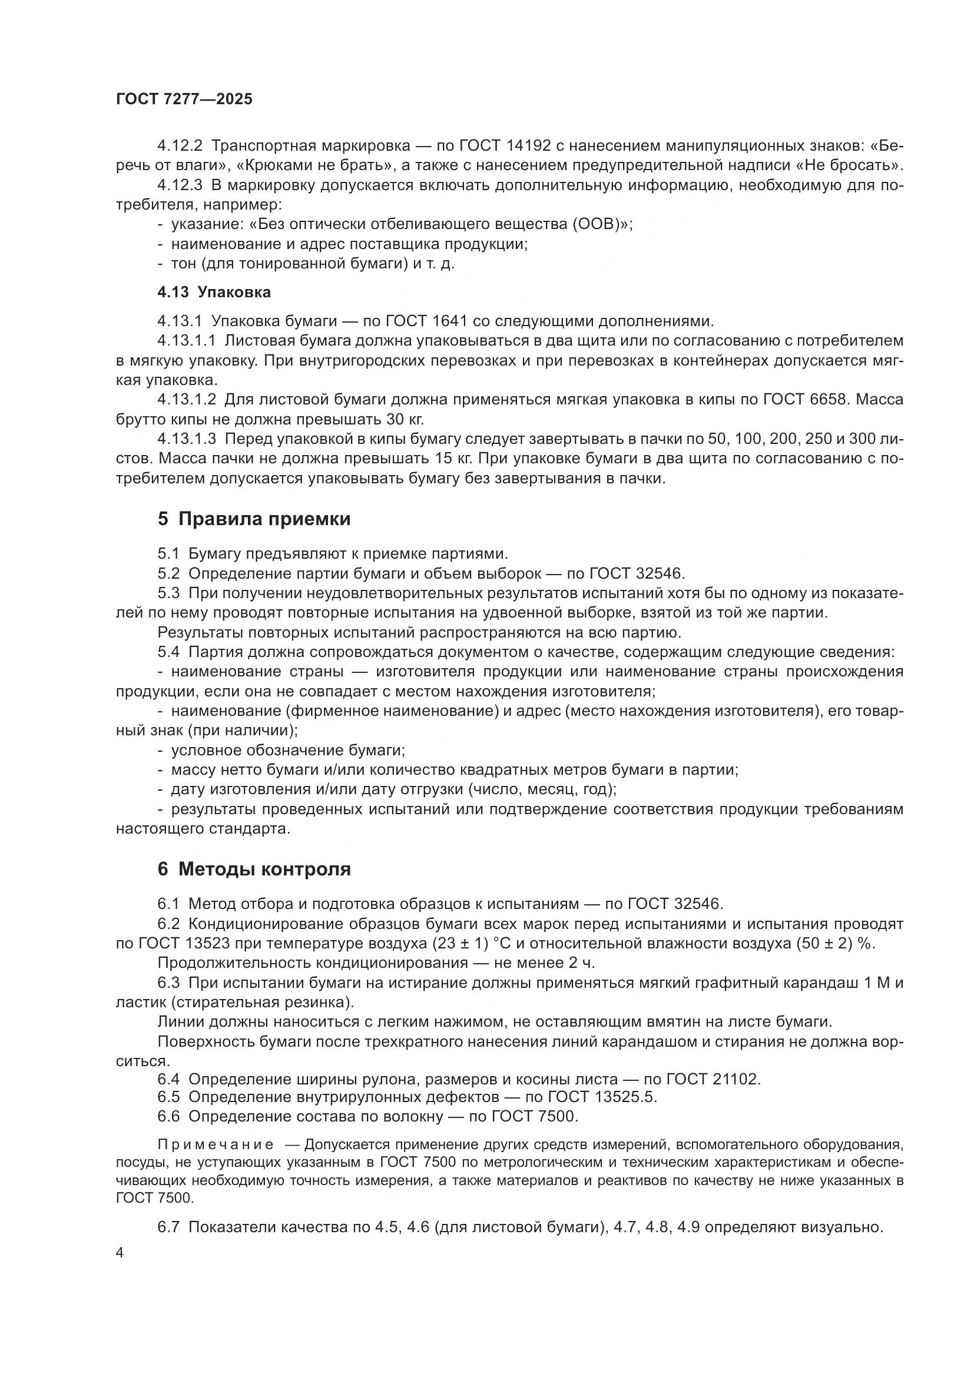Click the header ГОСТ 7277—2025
click(x=184, y=99)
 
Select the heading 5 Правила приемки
click(x=254, y=519)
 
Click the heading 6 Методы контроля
click(x=254, y=869)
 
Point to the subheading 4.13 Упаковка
click(x=214, y=292)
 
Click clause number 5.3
click(x=168, y=593)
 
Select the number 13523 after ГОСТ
click(x=207, y=943)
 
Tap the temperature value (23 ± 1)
click(x=460, y=943)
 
